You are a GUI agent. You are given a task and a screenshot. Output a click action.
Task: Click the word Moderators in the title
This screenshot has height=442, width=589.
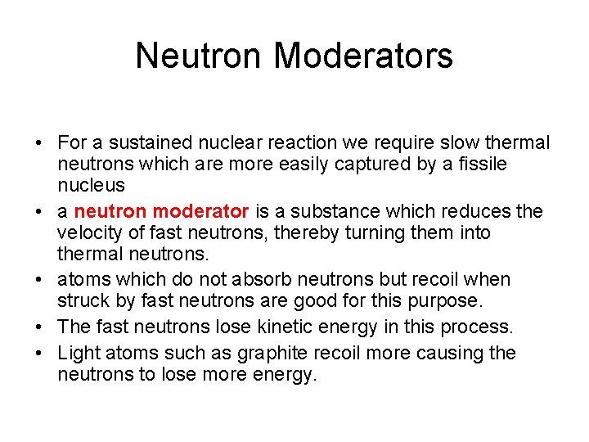[x=363, y=56]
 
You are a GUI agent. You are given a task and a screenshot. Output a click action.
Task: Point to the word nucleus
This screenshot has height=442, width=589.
[x=91, y=185]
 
